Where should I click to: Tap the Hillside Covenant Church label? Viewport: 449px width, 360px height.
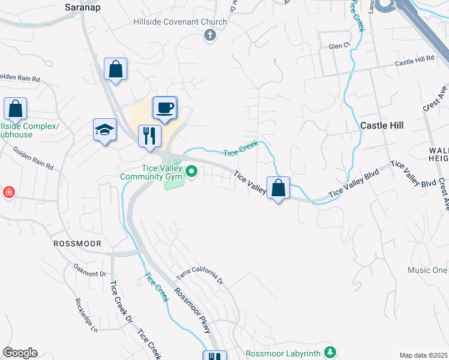pyautogui.click(x=180, y=22)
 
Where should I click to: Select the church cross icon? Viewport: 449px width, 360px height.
pyautogui.click(x=210, y=36)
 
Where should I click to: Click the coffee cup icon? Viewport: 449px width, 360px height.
pyautogui.click(x=165, y=108)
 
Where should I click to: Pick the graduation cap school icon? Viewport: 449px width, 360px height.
pyautogui.click(x=104, y=130)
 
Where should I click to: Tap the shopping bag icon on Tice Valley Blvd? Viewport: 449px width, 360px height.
pyautogui.click(x=278, y=188)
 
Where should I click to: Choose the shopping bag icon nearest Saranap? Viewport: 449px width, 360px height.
pyautogui.click(x=115, y=69)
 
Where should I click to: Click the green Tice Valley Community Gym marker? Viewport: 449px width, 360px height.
pyautogui.click(x=191, y=172)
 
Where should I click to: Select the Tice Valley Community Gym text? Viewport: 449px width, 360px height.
pyautogui.click(x=151, y=172)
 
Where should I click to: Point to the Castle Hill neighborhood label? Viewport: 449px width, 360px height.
pyautogui.click(x=382, y=125)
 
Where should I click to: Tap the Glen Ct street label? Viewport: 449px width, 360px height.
pyautogui.click(x=339, y=46)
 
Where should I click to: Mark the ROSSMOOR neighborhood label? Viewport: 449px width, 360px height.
pyautogui.click(x=77, y=244)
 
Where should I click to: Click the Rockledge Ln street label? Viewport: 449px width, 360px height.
pyautogui.click(x=86, y=316)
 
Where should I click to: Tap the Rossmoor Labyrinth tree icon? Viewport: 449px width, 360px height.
pyautogui.click(x=329, y=352)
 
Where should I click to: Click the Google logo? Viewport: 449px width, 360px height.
pyautogui.click(x=20, y=353)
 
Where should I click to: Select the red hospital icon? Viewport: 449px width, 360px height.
pyautogui.click(x=8, y=193)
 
